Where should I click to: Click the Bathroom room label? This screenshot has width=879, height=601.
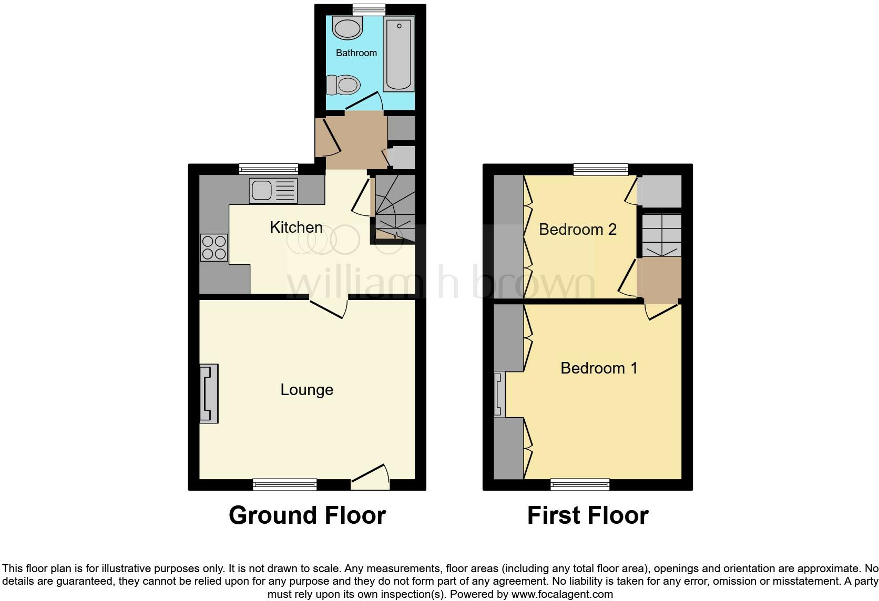(356, 53)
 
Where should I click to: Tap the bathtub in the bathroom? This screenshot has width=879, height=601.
(398, 54)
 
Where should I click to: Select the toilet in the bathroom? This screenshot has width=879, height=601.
(343, 84)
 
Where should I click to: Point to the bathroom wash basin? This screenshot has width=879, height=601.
(347, 27)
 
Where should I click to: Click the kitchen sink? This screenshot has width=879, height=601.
(273, 190)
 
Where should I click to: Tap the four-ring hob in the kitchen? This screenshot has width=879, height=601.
(214, 247)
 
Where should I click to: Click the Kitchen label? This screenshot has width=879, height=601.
(296, 227)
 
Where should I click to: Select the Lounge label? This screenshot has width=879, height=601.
(306, 390)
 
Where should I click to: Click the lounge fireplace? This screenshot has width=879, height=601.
(209, 393)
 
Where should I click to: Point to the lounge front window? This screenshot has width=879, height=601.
(284, 484)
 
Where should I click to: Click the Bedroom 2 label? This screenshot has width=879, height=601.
(577, 230)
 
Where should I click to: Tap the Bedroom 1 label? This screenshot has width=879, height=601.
(599, 368)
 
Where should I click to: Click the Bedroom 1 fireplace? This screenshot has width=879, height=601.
(499, 394)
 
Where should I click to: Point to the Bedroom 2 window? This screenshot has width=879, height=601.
(600, 169)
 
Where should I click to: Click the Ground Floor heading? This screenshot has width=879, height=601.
(307, 515)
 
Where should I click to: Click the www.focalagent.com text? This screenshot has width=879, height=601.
(561, 595)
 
